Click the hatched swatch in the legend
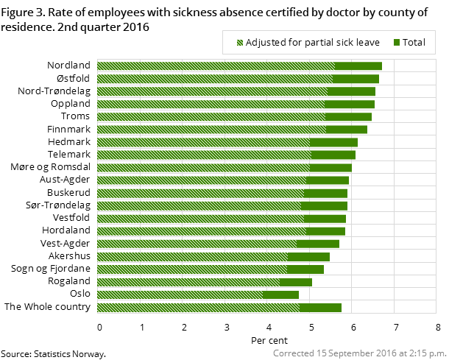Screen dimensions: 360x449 click(x=239, y=43)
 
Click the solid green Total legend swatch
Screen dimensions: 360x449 click(x=397, y=43)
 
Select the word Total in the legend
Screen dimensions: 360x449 click(x=414, y=43)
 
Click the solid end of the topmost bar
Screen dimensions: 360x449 click(x=358, y=66)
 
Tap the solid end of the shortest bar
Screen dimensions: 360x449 click(x=280, y=294)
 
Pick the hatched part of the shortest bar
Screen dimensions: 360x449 click(x=180, y=294)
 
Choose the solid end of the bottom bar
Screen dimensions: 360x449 click(x=320, y=307)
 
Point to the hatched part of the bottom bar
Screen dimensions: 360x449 click(x=198, y=307)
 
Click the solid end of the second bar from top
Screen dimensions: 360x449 click(x=356, y=79)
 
